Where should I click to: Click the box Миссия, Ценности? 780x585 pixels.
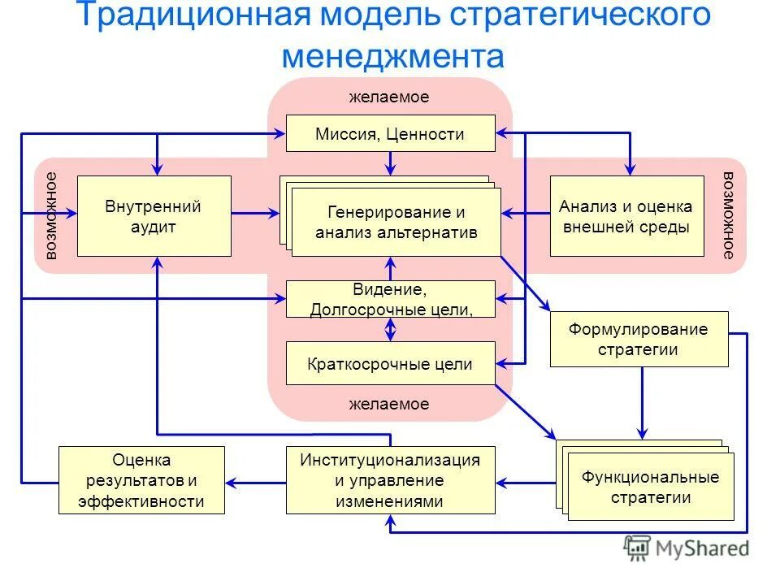tap(390, 133)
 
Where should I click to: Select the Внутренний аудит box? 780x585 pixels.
tap(154, 216)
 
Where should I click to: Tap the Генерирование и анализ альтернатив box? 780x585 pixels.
tap(396, 223)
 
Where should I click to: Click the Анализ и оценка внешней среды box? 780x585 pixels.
tap(626, 216)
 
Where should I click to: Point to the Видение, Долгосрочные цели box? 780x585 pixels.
tap(390, 299)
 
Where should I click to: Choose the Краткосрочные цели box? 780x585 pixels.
tap(390, 364)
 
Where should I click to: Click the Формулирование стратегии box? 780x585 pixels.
tap(639, 339)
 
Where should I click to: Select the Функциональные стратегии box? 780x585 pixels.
tap(650, 486)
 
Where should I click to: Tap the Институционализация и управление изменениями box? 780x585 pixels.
tap(390, 479)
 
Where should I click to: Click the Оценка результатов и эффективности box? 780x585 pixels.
tap(141, 479)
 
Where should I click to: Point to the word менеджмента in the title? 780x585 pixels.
tap(393, 55)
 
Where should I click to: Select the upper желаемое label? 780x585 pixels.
tap(389, 97)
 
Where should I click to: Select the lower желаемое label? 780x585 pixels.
tap(389, 404)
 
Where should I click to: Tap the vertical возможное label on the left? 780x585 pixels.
tap(52, 216)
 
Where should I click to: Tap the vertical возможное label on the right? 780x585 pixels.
tap(729, 216)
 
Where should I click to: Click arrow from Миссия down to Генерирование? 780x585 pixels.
tap(391, 163)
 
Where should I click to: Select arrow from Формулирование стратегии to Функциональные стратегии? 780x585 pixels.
tap(642, 403)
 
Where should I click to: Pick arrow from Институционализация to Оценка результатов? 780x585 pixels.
tap(256, 480)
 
